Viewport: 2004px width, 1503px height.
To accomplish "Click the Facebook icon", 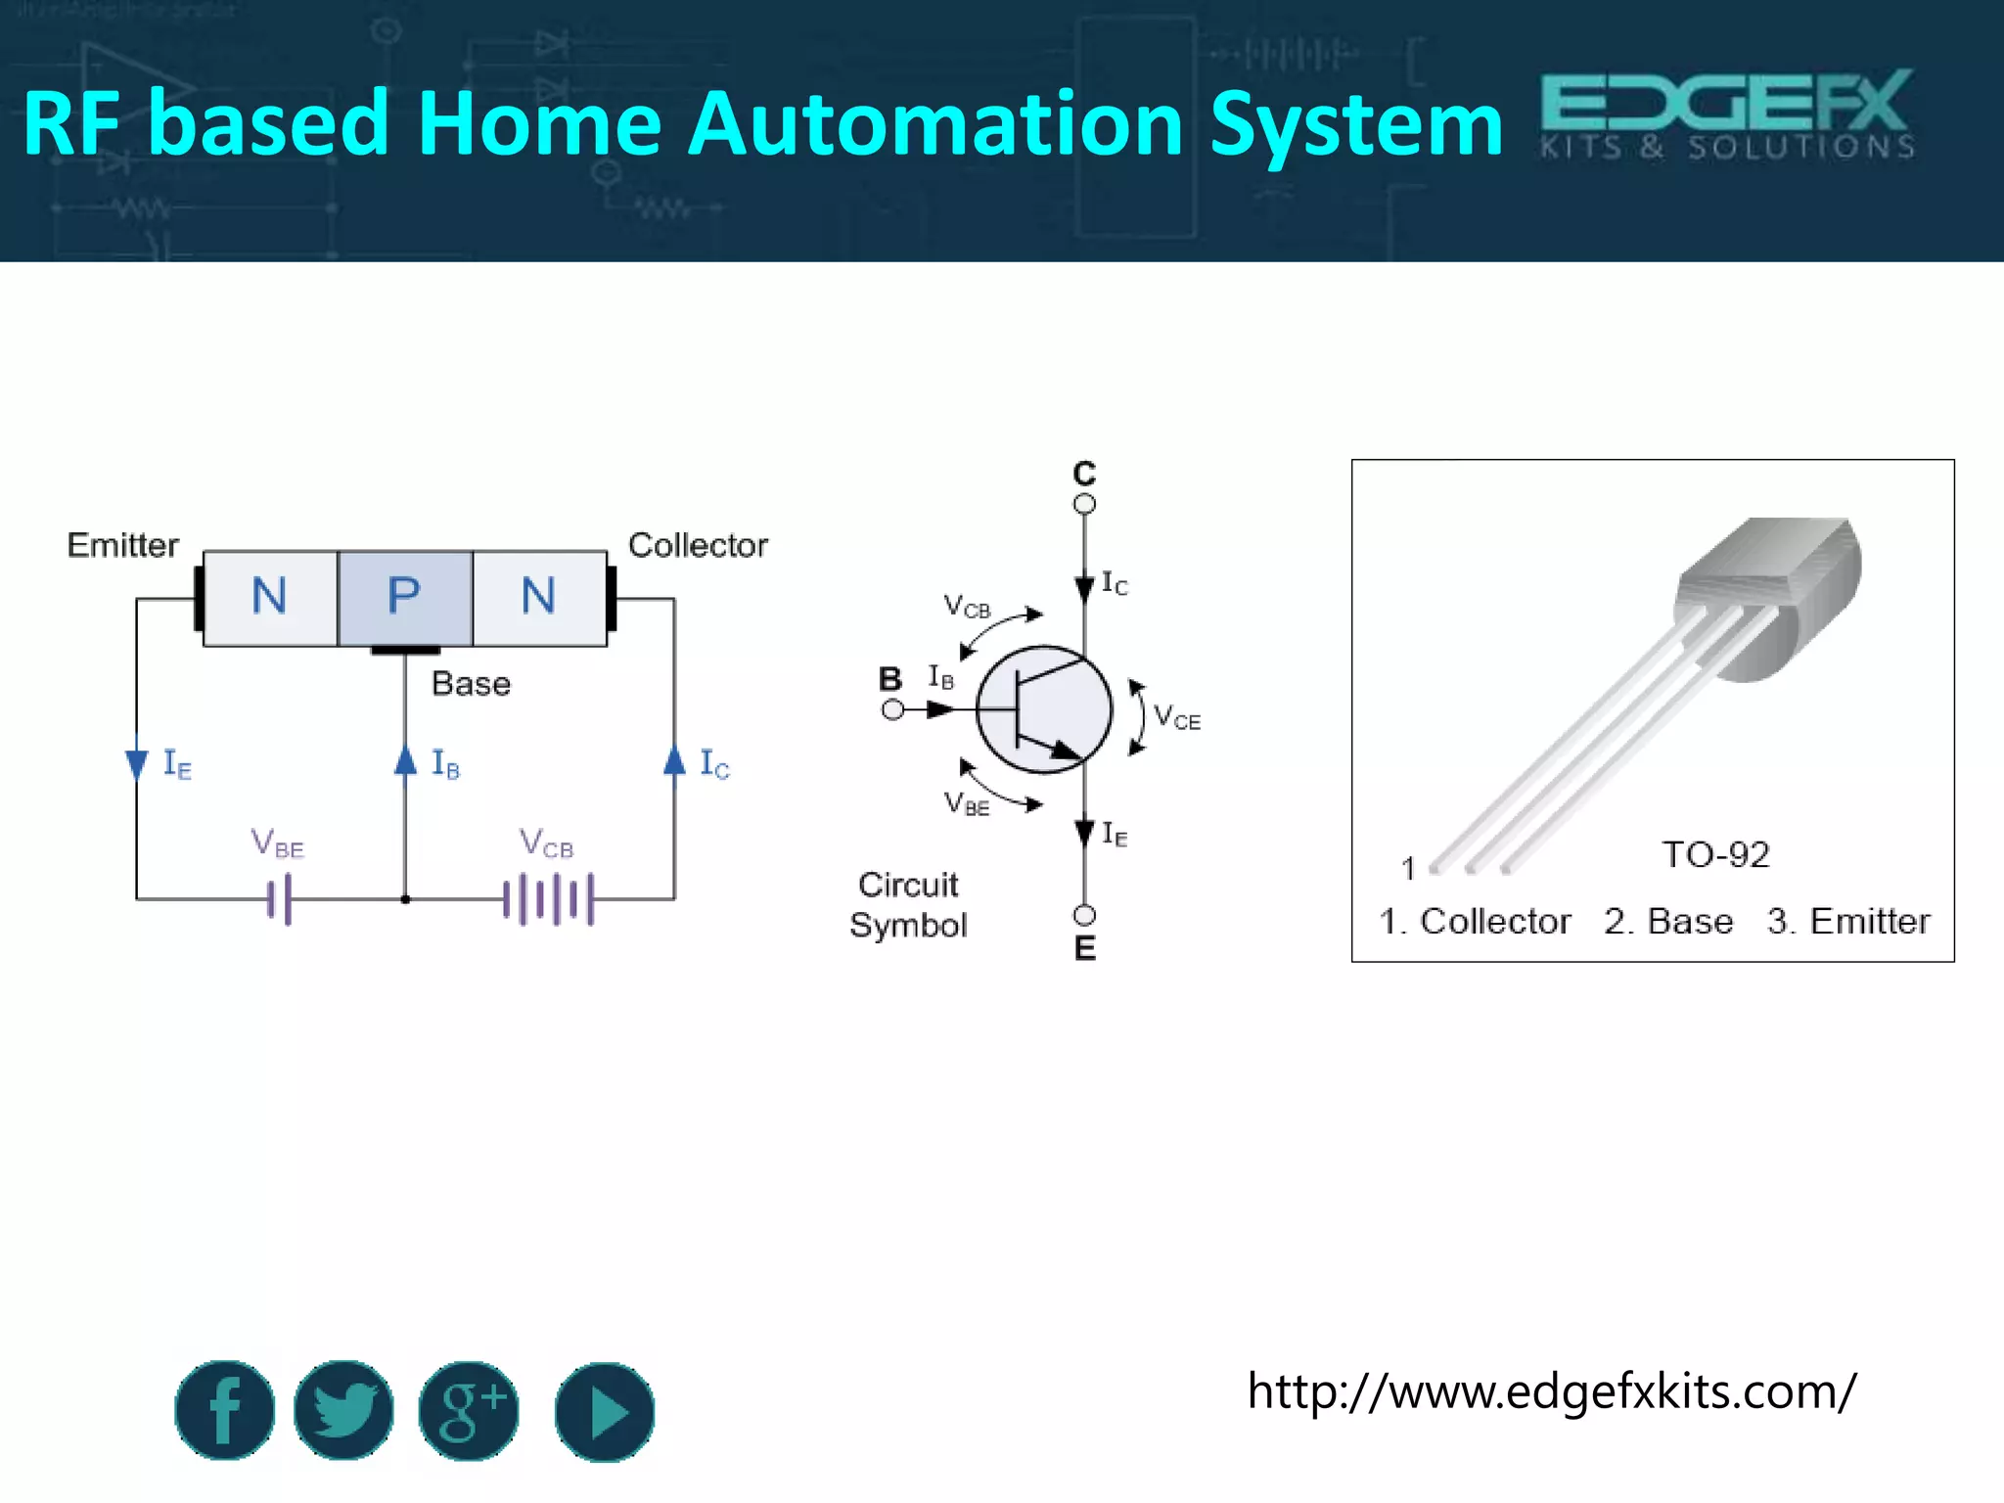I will coord(224,1410).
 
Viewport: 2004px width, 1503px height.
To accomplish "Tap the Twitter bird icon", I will coord(343,1410).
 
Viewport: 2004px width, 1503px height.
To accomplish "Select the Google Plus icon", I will coord(469,1410).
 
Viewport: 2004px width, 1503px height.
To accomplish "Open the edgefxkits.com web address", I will coord(1551,1390).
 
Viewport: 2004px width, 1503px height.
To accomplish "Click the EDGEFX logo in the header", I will coord(1727,114).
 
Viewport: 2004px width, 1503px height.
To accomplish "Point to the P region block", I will coord(405,597).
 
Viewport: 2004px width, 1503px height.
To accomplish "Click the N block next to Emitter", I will coord(270,597).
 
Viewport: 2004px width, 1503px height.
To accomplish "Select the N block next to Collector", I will coord(539,597).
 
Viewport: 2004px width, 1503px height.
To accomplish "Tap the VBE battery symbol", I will coord(280,898).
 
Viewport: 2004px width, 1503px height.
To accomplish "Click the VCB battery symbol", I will coord(548,898).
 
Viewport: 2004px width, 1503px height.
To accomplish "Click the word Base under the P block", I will coord(471,683).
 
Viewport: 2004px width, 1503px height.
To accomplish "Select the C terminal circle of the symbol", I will coord(1084,504).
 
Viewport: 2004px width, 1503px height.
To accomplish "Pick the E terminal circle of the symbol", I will coord(1084,915).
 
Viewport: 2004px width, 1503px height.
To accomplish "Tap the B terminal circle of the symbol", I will coord(892,709).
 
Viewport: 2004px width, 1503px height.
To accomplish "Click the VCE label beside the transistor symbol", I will coord(1176,717).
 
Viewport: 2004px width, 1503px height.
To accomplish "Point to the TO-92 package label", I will coord(1715,855).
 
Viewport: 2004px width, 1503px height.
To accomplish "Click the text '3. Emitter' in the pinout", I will coord(1848,922).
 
